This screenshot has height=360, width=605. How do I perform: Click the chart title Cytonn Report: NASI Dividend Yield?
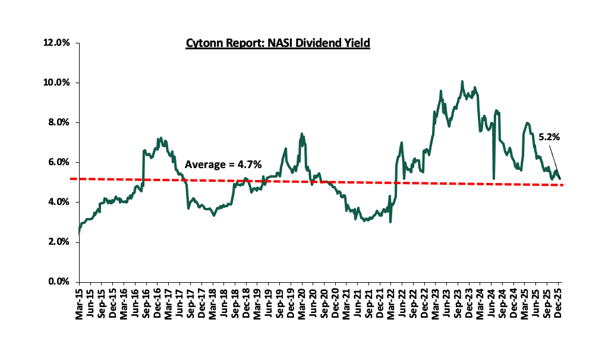278,43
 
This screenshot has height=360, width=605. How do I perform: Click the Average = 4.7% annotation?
223,165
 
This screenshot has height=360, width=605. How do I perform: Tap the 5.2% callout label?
549,137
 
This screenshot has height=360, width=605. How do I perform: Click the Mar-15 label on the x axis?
79,305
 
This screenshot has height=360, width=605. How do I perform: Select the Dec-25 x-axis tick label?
559,305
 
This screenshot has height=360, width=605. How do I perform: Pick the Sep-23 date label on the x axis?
458,305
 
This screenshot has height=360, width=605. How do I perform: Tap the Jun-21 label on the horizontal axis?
358,305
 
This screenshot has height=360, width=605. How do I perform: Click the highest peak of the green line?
462,81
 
